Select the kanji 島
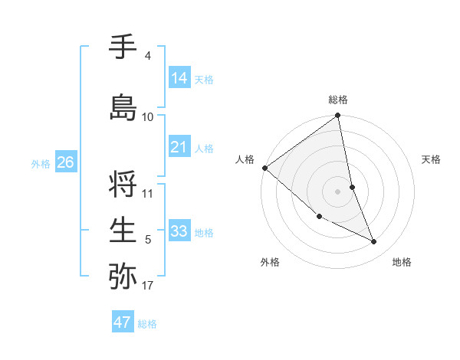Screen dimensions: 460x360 pyautogui.click(x=123, y=107)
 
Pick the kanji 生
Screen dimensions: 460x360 pyautogui.click(x=123, y=230)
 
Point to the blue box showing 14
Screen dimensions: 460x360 pyautogui.click(x=179, y=78)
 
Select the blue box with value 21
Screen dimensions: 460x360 pyautogui.click(x=179, y=147)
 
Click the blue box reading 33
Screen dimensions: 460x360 pyautogui.click(x=179, y=231)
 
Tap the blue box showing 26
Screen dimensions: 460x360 pyautogui.click(x=65, y=162)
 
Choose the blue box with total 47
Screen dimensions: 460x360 pyautogui.click(x=123, y=322)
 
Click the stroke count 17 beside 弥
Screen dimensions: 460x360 pyautogui.click(x=147, y=286)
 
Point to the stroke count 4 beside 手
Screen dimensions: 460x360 pyautogui.click(x=147, y=56)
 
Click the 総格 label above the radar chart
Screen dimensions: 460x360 pyautogui.click(x=338, y=100)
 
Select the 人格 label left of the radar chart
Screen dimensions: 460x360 pyautogui.click(x=245, y=159)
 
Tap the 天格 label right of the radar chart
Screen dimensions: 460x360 pyautogui.click(x=432, y=159)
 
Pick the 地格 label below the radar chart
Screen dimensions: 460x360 pyautogui.click(x=402, y=262)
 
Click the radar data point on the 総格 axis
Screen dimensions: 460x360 pyautogui.click(x=338, y=116)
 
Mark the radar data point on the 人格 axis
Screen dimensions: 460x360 pyautogui.click(x=264, y=168)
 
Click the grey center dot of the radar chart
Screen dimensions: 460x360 pyautogui.click(x=338, y=191)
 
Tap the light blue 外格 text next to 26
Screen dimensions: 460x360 pyautogui.click(x=40, y=163)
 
